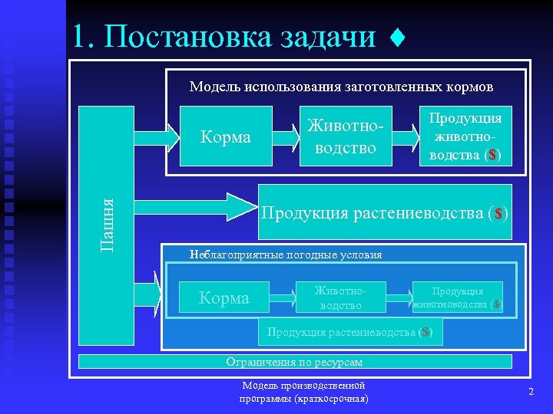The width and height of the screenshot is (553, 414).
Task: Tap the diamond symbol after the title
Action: click(x=396, y=36)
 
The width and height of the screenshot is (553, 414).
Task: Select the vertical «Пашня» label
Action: click(x=109, y=225)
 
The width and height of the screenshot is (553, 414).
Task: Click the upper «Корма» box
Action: click(x=226, y=136)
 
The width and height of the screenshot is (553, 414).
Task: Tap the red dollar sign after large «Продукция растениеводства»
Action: click(x=498, y=213)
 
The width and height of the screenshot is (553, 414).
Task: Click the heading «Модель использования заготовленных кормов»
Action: click(x=341, y=87)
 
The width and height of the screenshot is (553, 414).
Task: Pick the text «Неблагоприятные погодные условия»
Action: click(x=286, y=255)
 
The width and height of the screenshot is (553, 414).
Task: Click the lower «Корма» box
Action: click(x=224, y=297)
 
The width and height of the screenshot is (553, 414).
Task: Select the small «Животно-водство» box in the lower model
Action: click(x=339, y=297)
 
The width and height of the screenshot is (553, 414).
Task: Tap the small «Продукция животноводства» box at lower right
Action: click(x=459, y=297)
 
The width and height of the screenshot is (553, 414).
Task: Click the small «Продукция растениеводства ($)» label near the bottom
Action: click(x=349, y=332)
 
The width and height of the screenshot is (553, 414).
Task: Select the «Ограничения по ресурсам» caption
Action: click(x=294, y=362)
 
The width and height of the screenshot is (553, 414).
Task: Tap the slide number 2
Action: click(x=531, y=393)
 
